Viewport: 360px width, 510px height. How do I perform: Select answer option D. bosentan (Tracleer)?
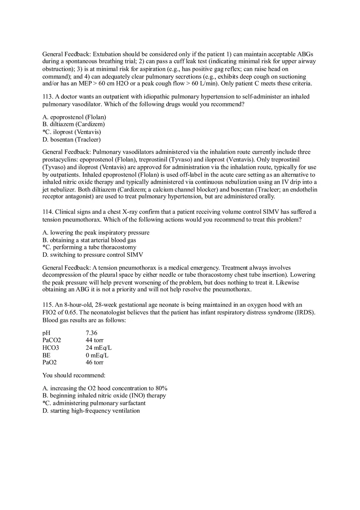coord(72,139)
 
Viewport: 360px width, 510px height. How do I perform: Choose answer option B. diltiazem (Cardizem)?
coord(74,124)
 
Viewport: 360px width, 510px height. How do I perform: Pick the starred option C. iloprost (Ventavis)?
coord(72,132)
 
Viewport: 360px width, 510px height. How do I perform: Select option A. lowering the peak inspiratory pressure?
coord(96,233)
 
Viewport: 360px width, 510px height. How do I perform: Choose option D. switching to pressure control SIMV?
coord(92,255)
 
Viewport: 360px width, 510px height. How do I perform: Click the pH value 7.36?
coord(92,333)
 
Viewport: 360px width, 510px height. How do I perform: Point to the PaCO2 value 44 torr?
coord(94,340)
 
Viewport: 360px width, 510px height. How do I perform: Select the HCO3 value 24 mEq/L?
coord(99,348)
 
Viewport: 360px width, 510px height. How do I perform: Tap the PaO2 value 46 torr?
coord(94,362)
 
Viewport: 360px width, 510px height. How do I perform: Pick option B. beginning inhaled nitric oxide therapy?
coord(104,396)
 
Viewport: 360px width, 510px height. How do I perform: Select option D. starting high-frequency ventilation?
coord(91,411)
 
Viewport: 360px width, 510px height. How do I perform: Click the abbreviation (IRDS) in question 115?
coord(305,312)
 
